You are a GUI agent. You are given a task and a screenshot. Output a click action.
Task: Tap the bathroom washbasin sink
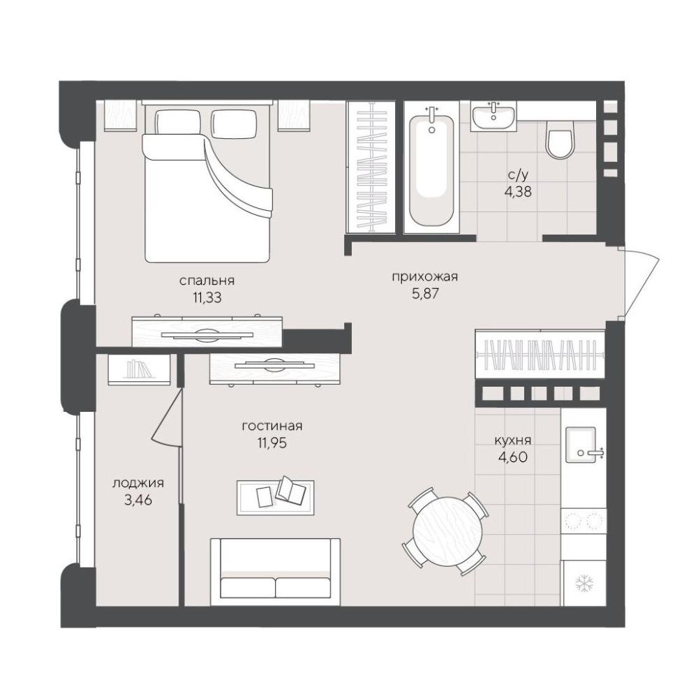coord(493,117)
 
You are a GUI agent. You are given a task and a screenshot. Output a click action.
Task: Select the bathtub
coord(431,170)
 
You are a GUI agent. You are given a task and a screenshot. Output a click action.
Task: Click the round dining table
coord(447,531)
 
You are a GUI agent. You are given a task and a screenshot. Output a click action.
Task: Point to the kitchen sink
coord(581,445)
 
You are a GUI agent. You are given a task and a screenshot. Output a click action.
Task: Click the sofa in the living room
coord(276,572)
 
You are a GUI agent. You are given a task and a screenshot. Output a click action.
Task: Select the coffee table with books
coord(276,497)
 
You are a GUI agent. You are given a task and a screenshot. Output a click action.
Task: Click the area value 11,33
coord(207,297)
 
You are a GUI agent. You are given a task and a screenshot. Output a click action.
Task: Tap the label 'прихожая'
coord(424,277)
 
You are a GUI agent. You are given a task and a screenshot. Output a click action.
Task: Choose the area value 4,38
coord(518,192)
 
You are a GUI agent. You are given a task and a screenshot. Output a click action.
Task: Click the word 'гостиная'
coord(272,426)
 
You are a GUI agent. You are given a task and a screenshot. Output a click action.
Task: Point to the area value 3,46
coord(138,500)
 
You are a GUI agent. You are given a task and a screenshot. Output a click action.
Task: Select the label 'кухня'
coord(513,440)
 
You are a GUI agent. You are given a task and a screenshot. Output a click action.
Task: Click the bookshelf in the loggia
coord(139,370)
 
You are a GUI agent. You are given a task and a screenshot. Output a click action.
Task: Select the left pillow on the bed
coord(177,122)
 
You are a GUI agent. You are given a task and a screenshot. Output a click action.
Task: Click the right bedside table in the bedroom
coord(294,116)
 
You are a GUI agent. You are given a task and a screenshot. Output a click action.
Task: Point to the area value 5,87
coord(426,293)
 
